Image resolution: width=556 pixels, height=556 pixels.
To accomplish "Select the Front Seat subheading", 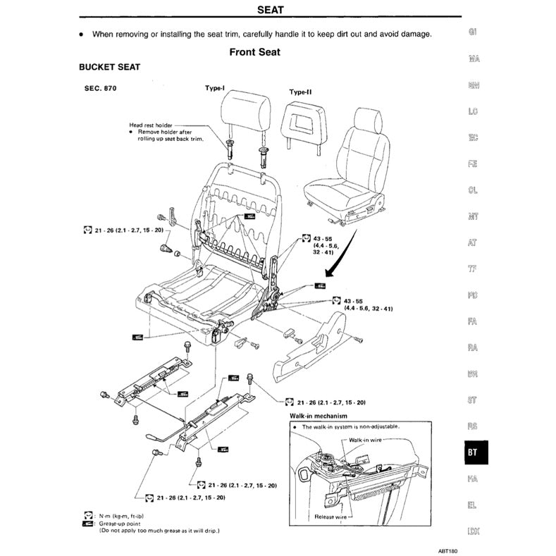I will (254, 51).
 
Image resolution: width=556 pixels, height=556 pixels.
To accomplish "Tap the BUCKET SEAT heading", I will (109, 67).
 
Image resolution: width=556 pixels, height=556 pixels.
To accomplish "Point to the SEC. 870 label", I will (100, 89).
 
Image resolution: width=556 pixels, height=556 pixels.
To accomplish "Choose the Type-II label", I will (300, 92).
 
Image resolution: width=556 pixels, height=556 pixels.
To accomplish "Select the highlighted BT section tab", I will (473, 453).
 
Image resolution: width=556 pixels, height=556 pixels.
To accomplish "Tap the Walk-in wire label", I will (366, 439).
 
